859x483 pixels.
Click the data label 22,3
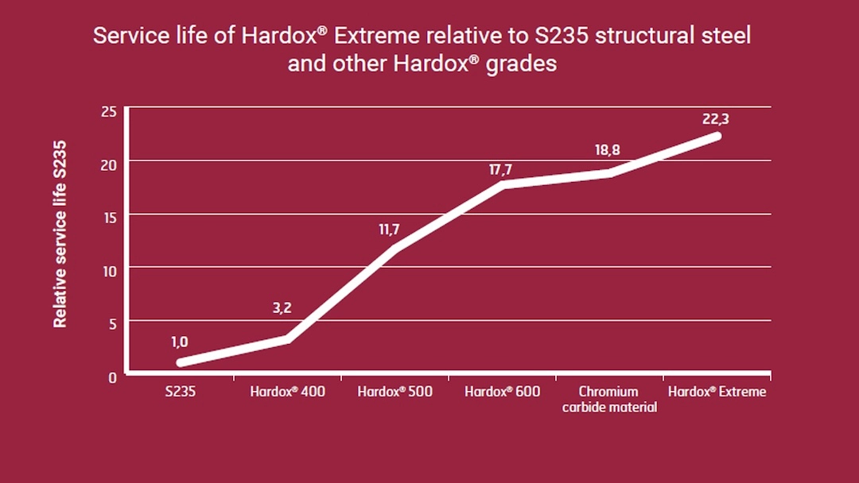point(716,119)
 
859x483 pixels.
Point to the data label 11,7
point(389,230)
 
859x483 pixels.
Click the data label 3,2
point(282,307)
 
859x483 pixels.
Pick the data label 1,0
point(180,342)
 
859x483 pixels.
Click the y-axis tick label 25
point(109,111)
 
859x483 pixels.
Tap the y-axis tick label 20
point(109,164)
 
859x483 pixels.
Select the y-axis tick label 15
point(109,217)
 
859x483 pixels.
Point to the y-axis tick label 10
point(109,270)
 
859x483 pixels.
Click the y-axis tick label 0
point(112,377)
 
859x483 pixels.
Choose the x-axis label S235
point(181,392)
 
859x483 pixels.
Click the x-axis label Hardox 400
point(287,392)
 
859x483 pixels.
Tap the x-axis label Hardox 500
point(395,392)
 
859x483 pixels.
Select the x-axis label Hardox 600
point(502,392)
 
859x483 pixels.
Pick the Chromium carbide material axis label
point(609,400)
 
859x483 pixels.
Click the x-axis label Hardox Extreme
point(717,392)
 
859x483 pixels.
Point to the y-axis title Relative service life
point(60,234)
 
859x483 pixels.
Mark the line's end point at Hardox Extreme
point(717,136)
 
